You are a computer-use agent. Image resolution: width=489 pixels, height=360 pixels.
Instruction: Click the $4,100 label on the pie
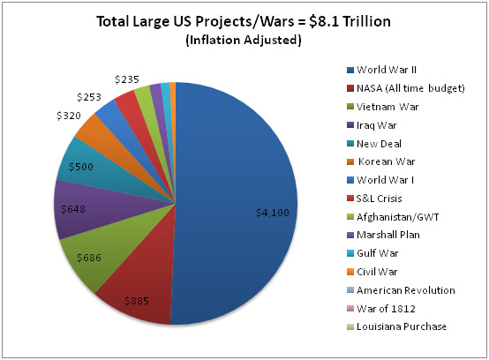point(272,213)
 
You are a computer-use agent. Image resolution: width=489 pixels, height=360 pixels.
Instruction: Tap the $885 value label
point(137,301)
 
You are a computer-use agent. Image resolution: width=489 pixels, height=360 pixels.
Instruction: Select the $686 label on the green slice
point(89,258)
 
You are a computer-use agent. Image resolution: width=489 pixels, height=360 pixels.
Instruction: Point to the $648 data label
point(73,209)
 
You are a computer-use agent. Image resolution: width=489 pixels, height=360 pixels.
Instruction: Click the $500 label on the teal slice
point(81,167)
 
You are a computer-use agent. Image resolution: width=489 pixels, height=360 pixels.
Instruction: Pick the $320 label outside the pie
point(69,116)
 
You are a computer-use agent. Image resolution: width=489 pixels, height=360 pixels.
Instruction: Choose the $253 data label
point(89,97)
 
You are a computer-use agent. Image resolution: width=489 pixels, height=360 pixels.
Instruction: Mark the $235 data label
point(126,79)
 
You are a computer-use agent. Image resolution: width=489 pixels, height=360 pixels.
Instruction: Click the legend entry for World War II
point(381,70)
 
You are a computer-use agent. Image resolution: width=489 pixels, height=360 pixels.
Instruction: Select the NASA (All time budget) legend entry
point(406,88)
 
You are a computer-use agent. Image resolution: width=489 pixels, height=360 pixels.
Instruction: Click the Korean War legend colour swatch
point(350,161)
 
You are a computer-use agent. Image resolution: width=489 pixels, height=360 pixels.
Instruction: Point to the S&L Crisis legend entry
point(374,199)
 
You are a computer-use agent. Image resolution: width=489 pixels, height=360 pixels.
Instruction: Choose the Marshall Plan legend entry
point(383,235)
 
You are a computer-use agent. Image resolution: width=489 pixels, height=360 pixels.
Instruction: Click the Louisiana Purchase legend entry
point(396,326)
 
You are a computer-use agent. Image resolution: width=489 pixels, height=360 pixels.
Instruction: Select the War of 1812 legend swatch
point(350,309)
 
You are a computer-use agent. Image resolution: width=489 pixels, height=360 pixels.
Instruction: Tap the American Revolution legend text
point(406,290)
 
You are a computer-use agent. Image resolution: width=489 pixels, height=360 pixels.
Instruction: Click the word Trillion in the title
point(366,21)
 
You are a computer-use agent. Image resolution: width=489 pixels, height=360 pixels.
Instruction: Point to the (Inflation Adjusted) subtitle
point(244,41)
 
